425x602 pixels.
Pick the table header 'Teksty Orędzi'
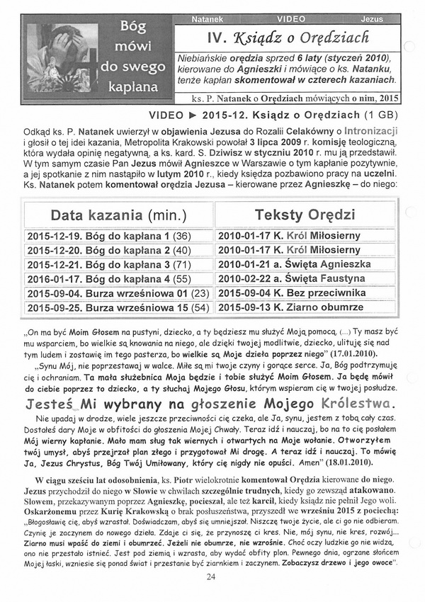[305, 215]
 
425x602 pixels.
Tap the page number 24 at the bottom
[210, 577]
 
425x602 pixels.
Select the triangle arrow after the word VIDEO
[191, 114]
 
